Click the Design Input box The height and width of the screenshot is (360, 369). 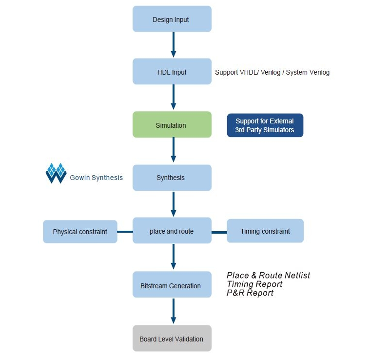click(172, 19)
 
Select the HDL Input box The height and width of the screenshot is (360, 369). click(172, 71)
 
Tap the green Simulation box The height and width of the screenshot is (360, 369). click(172, 124)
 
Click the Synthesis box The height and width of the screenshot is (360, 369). click(172, 178)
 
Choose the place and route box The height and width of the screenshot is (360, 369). click(172, 230)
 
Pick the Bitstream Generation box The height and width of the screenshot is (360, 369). click(172, 284)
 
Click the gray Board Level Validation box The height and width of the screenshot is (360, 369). click(172, 339)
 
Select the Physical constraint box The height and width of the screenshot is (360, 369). click(80, 231)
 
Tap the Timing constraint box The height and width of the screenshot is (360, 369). click(265, 231)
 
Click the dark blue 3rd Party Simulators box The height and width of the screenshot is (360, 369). click(265, 125)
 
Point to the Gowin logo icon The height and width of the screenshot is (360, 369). click(56, 173)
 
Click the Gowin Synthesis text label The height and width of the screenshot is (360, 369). click(96, 178)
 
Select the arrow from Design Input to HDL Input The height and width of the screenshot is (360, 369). click(174, 45)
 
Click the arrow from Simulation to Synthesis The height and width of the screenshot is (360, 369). click(174, 150)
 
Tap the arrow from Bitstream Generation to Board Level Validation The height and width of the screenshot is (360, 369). click(174, 311)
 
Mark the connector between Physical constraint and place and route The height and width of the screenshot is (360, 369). click(125, 232)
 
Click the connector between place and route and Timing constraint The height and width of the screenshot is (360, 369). click(219, 232)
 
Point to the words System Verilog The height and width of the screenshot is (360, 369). click(308, 72)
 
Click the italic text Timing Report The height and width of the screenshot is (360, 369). click(254, 284)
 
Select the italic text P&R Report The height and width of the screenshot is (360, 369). click(250, 293)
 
